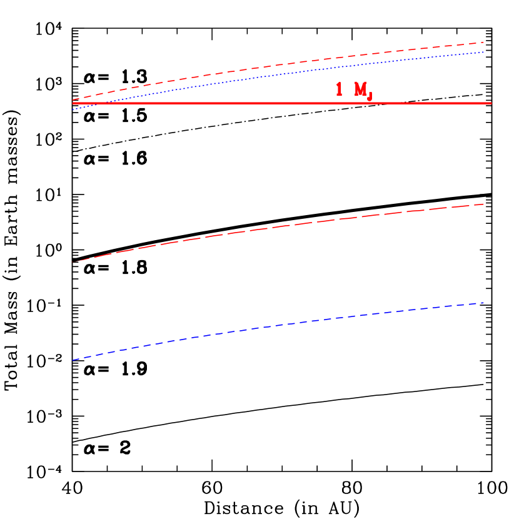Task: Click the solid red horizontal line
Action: pos(250,103)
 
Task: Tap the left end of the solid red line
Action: pos(73,103)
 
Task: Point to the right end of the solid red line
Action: pos(491,103)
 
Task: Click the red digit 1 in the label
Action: pos(339,89)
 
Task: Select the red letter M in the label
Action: pos(360,89)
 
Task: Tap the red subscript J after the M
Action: pos(370,95)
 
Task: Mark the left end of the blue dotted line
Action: pos(73,109)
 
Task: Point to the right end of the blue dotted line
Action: pos(484,52)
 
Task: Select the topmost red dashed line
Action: pos(281,64)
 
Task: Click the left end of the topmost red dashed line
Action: pos(73,99)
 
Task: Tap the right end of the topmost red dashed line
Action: pos(484,42)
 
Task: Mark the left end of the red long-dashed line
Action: pos(73,261)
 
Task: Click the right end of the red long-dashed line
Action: pos(484,204)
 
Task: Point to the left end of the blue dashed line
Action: pos(73,360)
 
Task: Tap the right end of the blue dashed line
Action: pos(484,303)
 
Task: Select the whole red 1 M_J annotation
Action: pos(354,91)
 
